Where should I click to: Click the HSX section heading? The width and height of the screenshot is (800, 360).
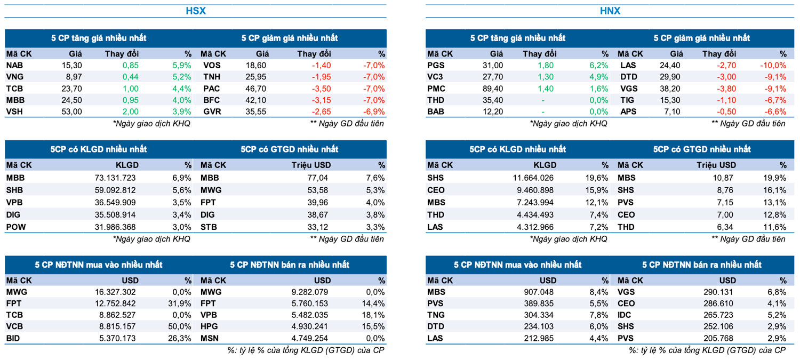pos(195,11)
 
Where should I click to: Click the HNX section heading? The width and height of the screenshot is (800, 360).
pos(610,11)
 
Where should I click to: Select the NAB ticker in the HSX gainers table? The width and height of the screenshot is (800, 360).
pos(14,65)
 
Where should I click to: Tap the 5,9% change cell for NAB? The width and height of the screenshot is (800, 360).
pos(181,65)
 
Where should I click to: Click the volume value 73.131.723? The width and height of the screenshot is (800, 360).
pos(114,178)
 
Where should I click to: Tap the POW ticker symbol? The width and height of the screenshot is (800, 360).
pos(15,227)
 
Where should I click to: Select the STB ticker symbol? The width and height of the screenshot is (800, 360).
pos(209,227)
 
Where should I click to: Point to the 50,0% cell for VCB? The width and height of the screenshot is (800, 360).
pos(180,326)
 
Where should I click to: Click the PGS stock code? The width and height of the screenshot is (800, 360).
pos(436,65)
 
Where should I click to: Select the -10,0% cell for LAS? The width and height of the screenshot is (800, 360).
pos(773,65)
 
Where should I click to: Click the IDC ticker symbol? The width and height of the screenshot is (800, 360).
pos(625,315)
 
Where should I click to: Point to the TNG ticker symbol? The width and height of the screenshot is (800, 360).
pos(436,315)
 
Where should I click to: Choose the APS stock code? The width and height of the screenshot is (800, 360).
pos(627,112)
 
